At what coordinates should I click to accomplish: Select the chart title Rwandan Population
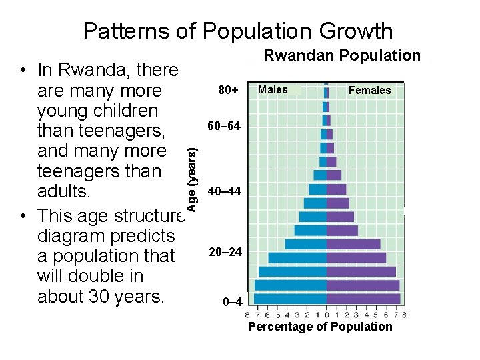tap(342, 56)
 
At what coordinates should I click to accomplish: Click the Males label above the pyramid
tap(273, 89)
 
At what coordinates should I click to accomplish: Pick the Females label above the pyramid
tap(370, 90)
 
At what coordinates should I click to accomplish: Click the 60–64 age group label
tap(225, 126)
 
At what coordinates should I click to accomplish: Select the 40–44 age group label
tap(225, 192)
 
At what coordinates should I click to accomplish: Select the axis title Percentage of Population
tap(320, 327)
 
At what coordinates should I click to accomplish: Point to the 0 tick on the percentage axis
tap(327, 315)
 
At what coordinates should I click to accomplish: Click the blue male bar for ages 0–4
tap(291, 299)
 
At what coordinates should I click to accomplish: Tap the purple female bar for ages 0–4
tap(363, 299)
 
